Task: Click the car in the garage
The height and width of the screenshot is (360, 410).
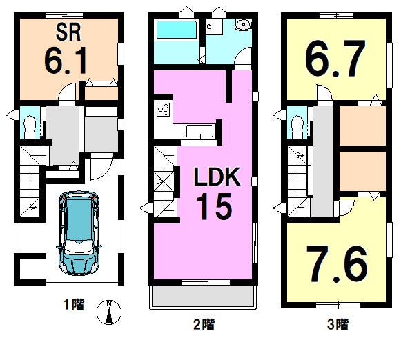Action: click(x=79, y=233)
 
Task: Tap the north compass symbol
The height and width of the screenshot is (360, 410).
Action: click(x=109, y=312)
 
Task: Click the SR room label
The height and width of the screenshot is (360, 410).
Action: click(x=68, y=32)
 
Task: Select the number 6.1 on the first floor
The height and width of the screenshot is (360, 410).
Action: click(x=66, y=61)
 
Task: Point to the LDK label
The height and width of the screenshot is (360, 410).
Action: click(x=217, y=177)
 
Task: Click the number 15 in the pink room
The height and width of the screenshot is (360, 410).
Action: click(x=214, y=206)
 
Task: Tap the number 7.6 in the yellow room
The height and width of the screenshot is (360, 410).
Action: click(x=337, y=264)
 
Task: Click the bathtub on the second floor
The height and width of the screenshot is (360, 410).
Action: click(x=176, y=30)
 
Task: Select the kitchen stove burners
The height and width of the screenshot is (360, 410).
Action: click(x=164, y=110)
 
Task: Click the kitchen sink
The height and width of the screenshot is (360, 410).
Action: click(x=199, y=131)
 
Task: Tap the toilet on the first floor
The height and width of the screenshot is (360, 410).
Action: click(x=30, y=127)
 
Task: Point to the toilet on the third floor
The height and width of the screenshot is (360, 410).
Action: click(x=297, y=127)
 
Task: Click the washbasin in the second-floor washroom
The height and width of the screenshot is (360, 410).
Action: click(x=244, y=25)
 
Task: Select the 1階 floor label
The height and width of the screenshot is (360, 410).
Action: click(x=74, y=305)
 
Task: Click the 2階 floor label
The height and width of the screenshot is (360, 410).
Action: click(x=204, y=325)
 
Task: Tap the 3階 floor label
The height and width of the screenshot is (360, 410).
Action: click(x=338, y=325)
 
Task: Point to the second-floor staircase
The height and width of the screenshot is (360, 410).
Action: click(x=165, y=182)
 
